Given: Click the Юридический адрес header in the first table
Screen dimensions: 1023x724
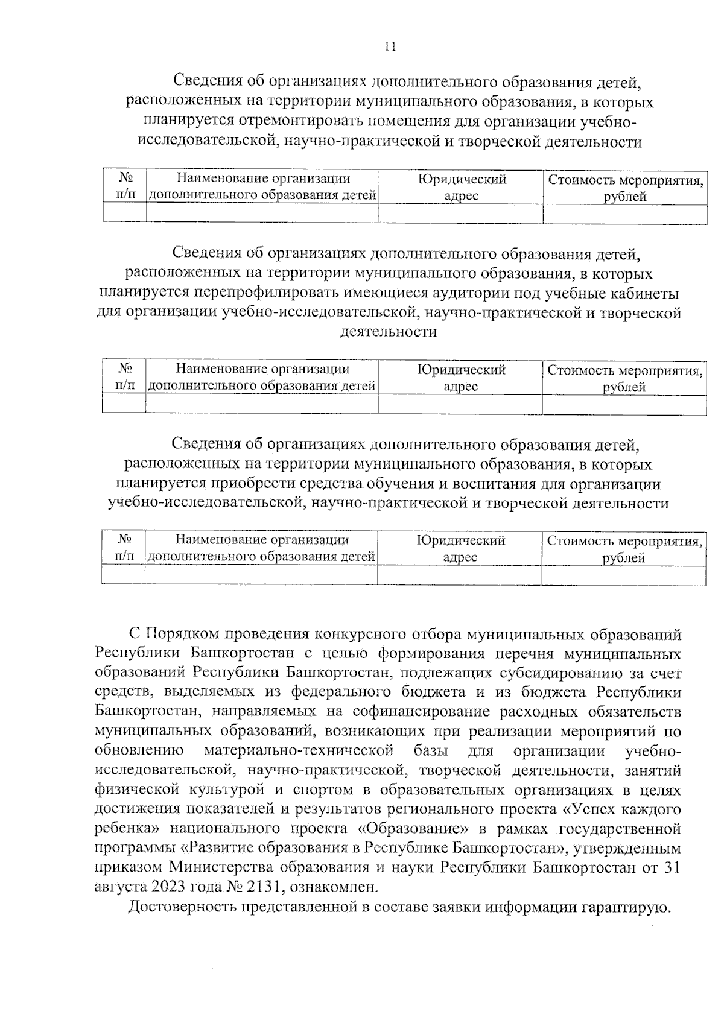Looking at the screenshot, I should click(462, 187).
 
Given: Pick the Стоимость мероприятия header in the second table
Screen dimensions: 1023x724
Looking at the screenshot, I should click(624, 378).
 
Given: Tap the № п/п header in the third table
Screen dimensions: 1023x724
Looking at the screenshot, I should click(124, 548).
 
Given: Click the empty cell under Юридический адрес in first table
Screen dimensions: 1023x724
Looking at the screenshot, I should click(462, 214).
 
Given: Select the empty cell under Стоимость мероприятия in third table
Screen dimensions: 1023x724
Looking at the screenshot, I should click(624, 576).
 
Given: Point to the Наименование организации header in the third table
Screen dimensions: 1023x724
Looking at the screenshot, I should click(262, 548).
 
